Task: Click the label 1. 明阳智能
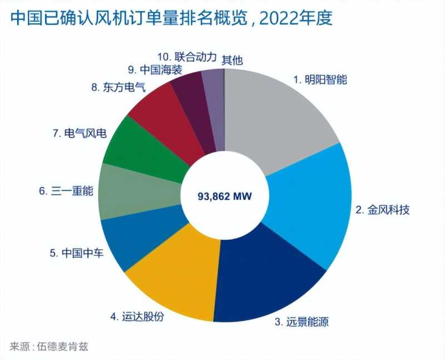click(x=320, y=79)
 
